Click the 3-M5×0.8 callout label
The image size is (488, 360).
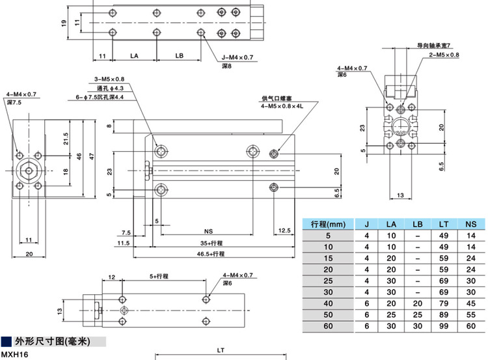[x=109, y=79]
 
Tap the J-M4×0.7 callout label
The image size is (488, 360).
[x=239, y=57]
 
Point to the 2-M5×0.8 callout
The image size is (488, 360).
[x=444, y=55]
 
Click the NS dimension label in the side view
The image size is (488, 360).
[x=208, y=230]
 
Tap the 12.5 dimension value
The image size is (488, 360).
[x=284, y=230]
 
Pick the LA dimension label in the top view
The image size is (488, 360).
[x=134, y=56]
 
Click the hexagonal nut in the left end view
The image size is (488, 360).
[x=29, y=171]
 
